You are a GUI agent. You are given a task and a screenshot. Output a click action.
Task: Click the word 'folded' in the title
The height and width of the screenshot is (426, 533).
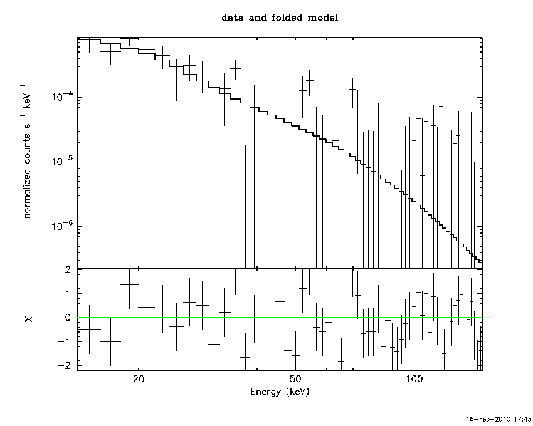coord(287,18)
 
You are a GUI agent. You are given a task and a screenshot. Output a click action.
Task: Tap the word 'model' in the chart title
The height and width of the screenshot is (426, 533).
coord(323,18)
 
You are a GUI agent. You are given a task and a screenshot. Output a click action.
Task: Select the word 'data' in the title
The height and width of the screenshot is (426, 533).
coord(233,18)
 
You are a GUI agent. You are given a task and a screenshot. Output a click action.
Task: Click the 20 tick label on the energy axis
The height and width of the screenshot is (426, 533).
coord(139,379)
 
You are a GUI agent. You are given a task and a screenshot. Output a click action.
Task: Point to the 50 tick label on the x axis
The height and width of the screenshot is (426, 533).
coord(295,379)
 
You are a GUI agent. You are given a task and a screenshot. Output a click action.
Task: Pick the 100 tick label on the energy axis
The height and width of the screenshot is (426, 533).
coord(414,379)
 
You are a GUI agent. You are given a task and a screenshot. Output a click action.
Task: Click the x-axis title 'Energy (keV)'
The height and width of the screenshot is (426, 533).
coord(280,392)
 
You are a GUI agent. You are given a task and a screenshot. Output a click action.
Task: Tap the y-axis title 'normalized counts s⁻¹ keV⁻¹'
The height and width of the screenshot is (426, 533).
coord(26,150)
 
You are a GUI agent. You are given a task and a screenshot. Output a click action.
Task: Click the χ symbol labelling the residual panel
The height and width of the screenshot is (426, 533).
coord(29,319)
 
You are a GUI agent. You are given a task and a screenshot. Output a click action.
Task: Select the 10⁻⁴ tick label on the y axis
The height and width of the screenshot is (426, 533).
coord(62,96)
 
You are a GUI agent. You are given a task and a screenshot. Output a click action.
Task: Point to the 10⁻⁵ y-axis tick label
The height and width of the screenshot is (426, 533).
coord(62,160)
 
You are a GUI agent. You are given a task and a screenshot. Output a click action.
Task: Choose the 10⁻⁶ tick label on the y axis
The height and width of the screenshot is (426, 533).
coord(62,225)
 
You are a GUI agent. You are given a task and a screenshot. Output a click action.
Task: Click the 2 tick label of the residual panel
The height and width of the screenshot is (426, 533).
coord(68,270)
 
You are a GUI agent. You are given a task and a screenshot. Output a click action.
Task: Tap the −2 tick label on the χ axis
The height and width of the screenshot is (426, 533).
coord(64,365)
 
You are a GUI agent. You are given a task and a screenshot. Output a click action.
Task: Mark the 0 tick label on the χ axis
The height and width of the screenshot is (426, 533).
coord(68,317)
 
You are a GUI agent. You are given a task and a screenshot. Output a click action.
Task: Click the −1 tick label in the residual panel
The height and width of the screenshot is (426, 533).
coord(64,341)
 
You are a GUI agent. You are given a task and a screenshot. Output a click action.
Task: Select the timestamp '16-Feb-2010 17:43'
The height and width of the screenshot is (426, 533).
coord(498,419)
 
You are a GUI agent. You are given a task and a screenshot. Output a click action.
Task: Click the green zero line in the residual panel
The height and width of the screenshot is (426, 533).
coord(280,318)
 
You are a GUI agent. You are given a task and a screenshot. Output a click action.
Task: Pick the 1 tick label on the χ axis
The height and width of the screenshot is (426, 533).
coord(68,294)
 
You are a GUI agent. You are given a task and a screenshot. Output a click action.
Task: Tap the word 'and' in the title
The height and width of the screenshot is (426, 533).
coord(257,18)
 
